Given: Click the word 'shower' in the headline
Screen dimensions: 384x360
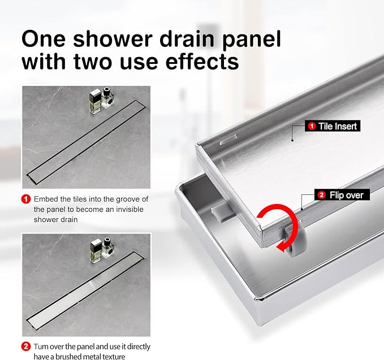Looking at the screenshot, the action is (x=113, y=39).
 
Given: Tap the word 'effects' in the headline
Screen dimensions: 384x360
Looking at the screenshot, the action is (x=202, y=62).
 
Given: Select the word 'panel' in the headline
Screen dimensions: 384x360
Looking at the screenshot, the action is (x=251, y=40).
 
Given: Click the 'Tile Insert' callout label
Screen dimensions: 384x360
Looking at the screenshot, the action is (x=333, y=126).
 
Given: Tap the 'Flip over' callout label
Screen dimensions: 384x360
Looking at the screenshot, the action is (x=342, y=195).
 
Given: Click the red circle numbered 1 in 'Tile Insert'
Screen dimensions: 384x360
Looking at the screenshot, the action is (x=312, y=126).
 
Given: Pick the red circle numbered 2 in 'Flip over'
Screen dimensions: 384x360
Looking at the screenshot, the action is (x=322, y=195).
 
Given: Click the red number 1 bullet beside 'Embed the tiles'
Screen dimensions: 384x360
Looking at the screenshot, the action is (x=26, y=199).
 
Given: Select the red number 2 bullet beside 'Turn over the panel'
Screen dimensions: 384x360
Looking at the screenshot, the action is (x=26, y=346).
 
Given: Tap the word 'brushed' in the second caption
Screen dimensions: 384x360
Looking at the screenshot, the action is (x=67, y=356).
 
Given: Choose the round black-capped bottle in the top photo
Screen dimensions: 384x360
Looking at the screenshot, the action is (x=107, y=98).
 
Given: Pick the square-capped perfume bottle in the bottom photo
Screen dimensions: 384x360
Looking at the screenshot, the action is (x=96, y=251).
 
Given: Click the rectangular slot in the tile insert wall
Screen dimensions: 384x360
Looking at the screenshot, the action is (x=228, y=139).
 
